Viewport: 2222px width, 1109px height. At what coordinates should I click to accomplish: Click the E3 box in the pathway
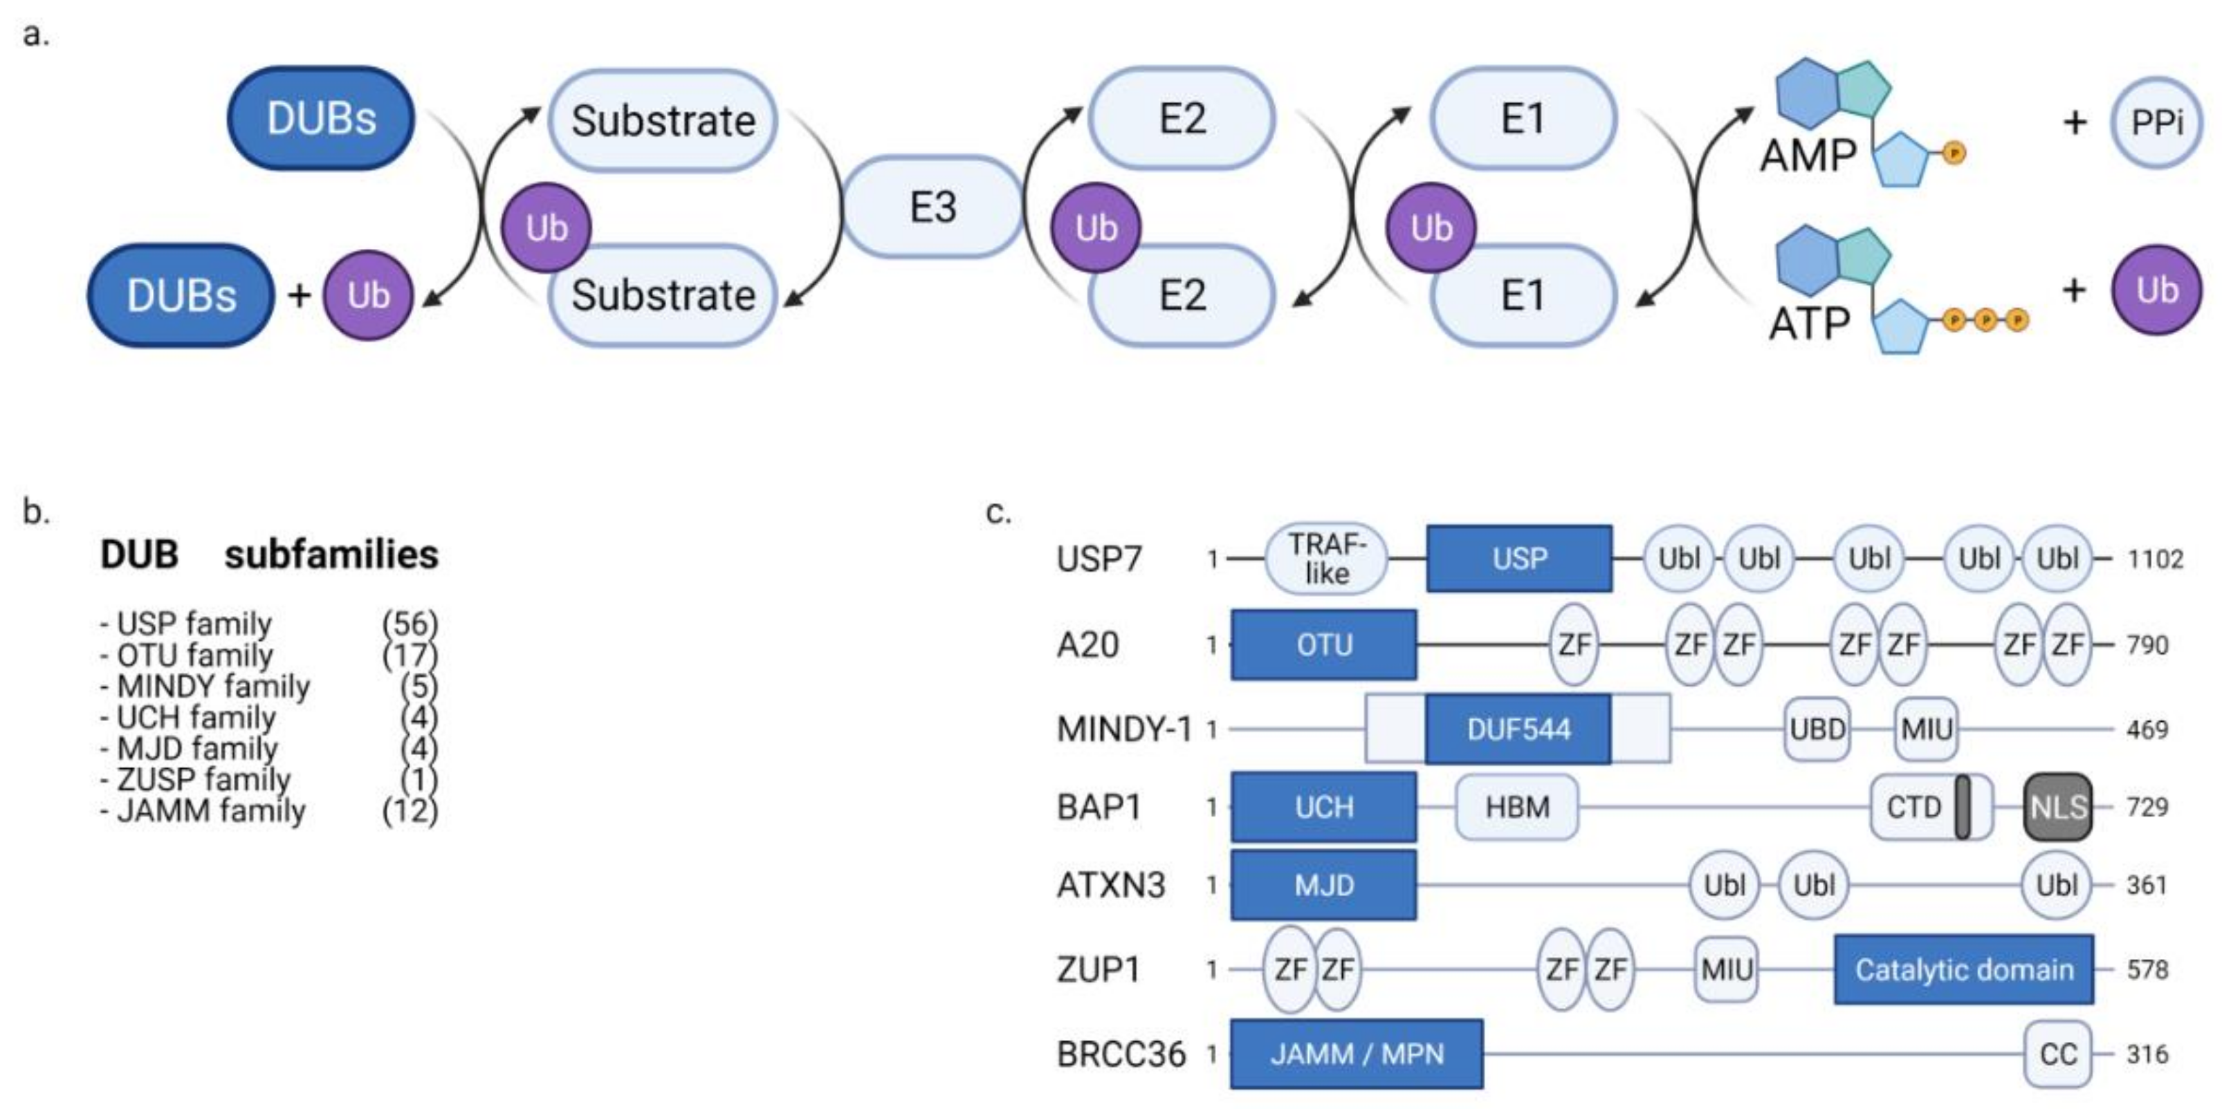[x=933, y=207]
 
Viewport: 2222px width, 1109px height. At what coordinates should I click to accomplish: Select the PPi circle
[x=2156, y=122]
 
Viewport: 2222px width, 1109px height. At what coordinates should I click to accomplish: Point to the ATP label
[x=1809, y=324]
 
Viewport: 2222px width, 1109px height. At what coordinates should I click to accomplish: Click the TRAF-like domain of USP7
[x=1325, y=559]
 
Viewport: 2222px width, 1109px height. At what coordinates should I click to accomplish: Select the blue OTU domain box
[x=1323, y=645]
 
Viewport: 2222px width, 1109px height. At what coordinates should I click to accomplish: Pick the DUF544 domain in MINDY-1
[x=1518, y=729]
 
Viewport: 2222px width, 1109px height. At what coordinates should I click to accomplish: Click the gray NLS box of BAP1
[x=2058, y=807]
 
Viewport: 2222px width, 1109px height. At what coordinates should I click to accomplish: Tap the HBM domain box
[x=1516, y=807]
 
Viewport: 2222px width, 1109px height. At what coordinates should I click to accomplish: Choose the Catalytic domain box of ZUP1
[x=1963, y=969]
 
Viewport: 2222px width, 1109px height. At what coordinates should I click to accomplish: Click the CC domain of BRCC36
[x=2057, y=1054]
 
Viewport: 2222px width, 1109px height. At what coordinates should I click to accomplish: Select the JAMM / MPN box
[x=1356, y=1054]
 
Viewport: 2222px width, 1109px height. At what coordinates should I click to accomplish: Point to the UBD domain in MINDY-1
[x=1817, y=729]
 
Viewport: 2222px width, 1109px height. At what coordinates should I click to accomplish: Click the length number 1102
[x=2155, y=559]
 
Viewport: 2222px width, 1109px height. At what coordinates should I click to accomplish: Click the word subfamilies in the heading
[x=331, y=554]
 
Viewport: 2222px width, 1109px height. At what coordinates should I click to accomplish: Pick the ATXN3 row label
[x=1111, y=885]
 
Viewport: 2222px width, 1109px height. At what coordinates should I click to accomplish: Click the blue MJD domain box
[x=1323, y=885]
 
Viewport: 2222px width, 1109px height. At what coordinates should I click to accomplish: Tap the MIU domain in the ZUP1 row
[x=1726, y=969]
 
